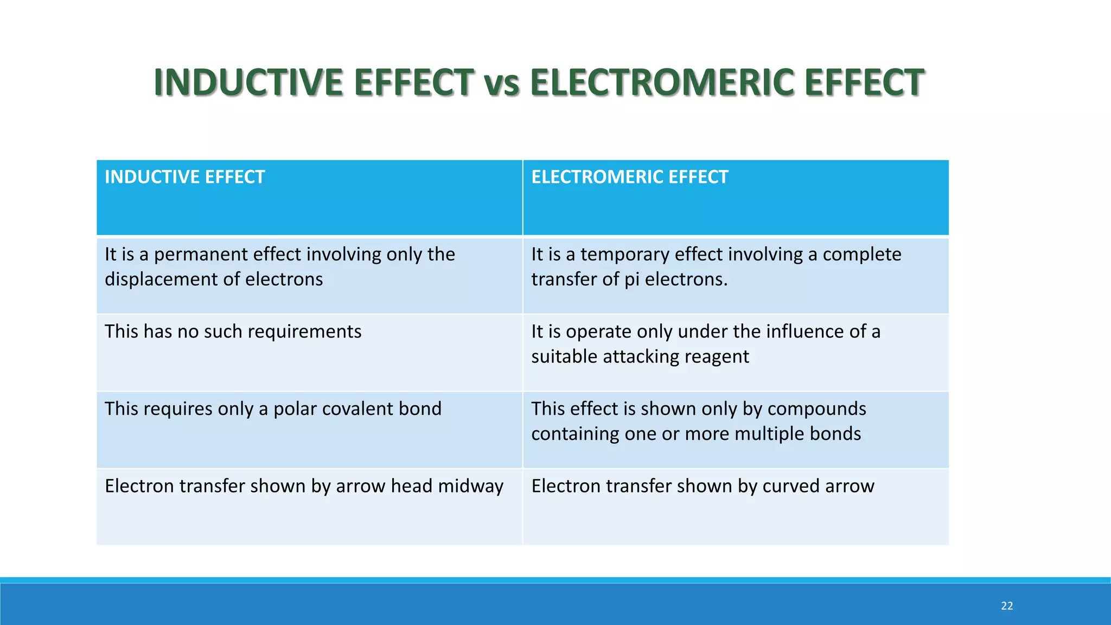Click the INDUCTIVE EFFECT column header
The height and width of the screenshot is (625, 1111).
pos(184,177)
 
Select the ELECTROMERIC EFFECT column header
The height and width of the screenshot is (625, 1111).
pos(629,177)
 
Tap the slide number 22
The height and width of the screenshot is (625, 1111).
pos(1007,606)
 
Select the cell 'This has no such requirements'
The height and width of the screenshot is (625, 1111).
pos(233,331)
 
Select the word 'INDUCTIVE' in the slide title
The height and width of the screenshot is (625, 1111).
pos(248,84)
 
